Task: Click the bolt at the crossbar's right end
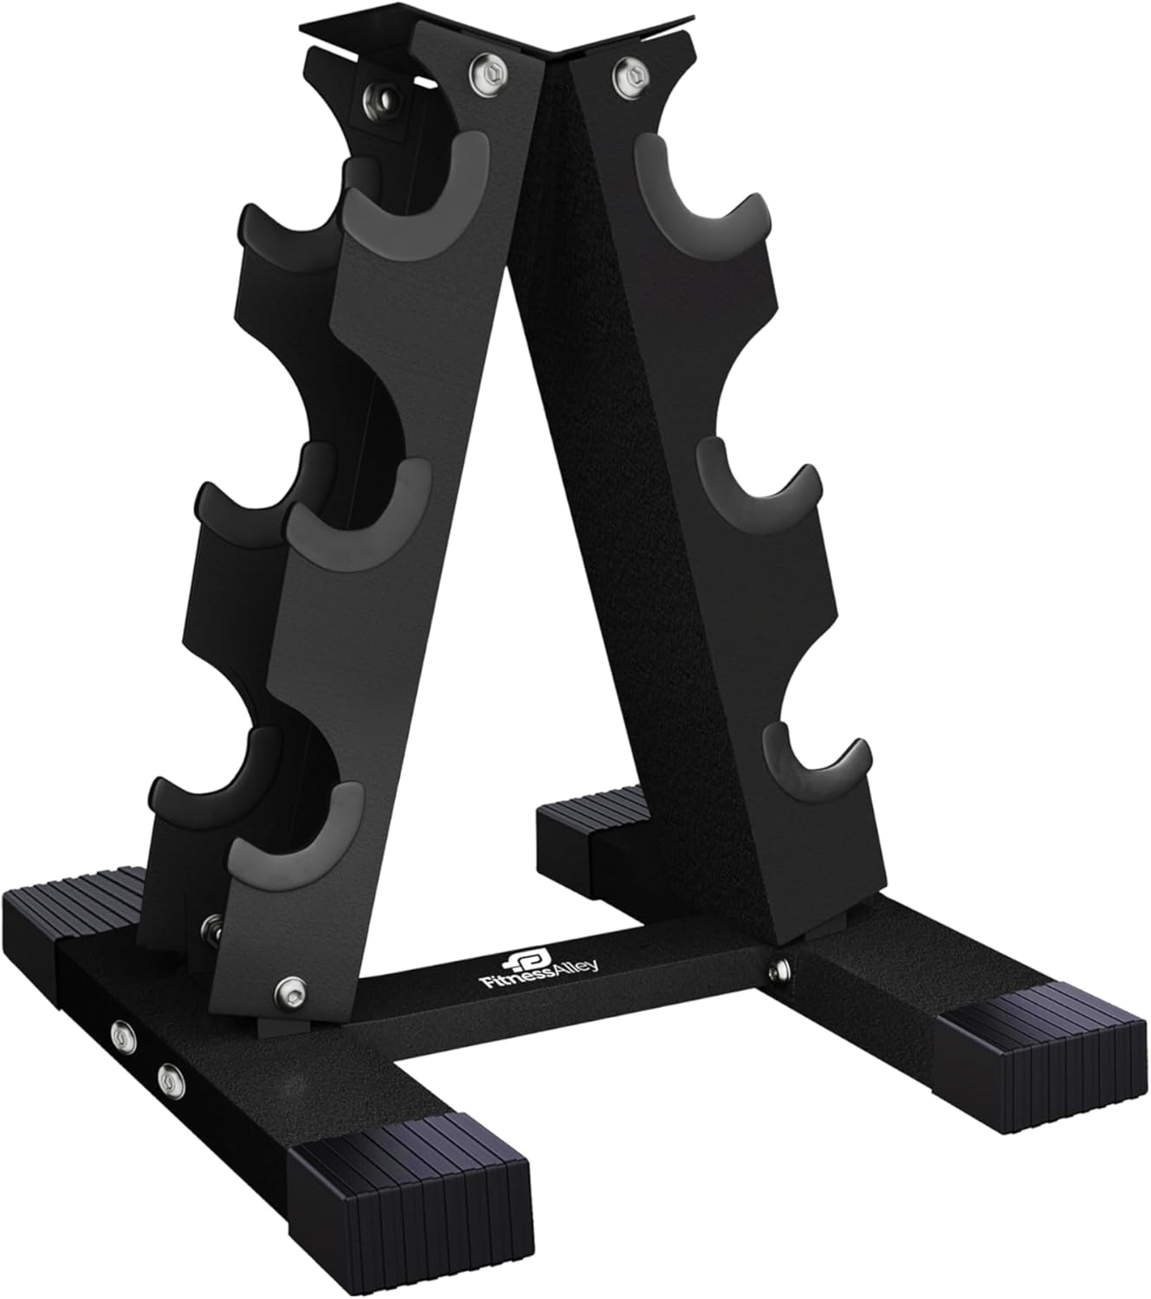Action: click(782, 971)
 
